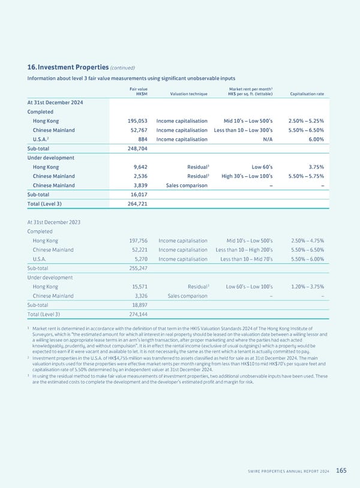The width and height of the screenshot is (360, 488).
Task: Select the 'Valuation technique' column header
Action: [189, 94]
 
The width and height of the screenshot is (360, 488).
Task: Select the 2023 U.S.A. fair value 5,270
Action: [140, 259]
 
